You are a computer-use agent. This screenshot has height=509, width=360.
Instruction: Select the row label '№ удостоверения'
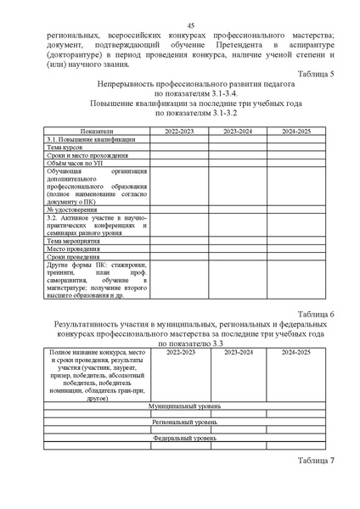(x=72, y=209)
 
